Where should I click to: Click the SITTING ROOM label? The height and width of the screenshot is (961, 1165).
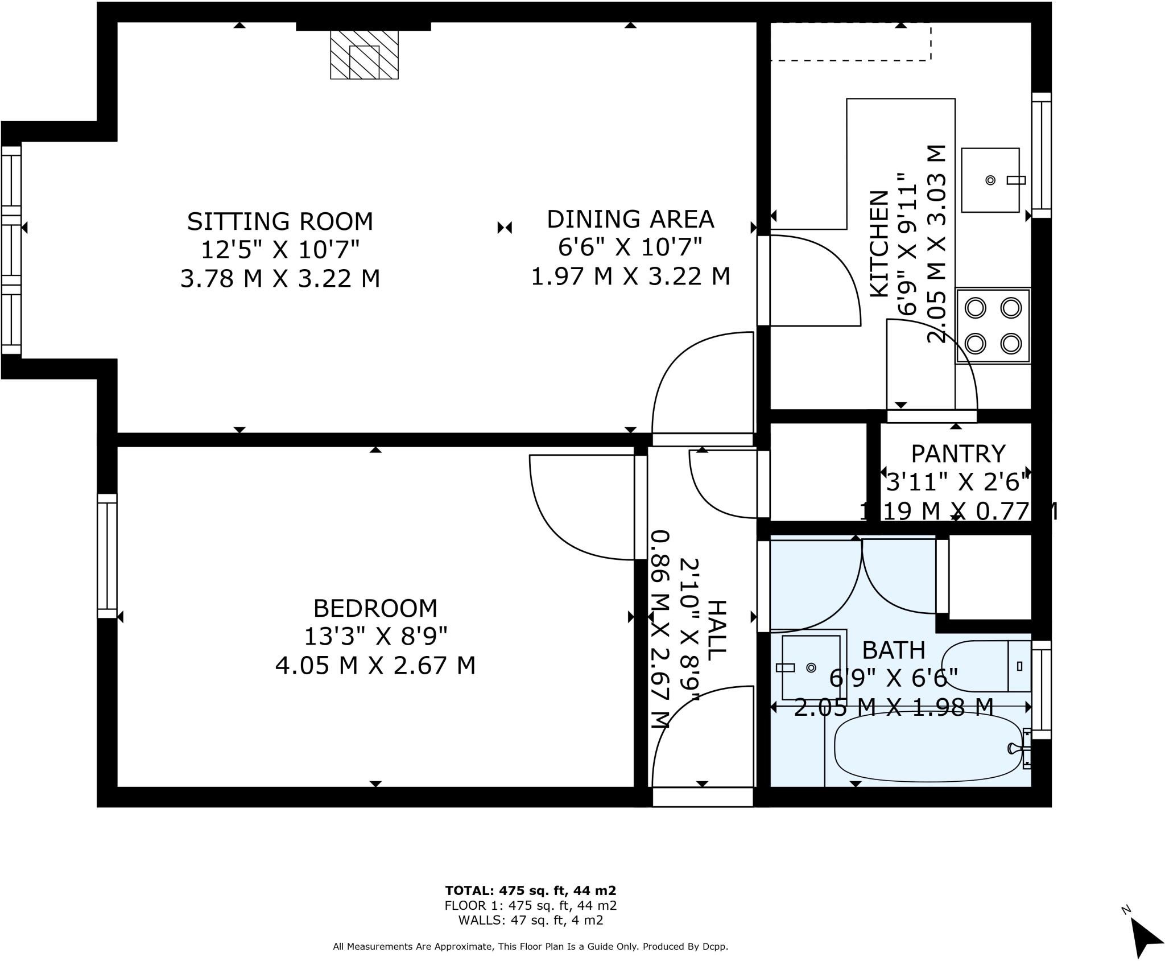click(x=280, y=221)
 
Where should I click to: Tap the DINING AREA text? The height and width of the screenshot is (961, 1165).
click(x=630, y=219)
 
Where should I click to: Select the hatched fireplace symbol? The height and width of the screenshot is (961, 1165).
click(x=364, y=55)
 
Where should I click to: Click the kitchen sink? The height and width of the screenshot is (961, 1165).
click(x=990, y=180)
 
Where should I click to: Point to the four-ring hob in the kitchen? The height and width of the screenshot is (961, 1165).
click(x=993, y=325)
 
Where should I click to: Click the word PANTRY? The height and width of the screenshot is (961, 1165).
click(x=958, y=454)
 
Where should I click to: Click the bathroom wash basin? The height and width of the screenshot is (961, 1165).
click(x=811, y=667)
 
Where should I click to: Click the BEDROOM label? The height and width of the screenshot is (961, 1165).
click(x=375, y=608)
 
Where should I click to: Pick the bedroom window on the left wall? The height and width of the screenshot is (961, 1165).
click(x=107, y=555)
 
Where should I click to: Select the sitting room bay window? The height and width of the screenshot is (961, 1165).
click(x=11, y=250)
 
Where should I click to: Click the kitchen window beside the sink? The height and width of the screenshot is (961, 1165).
click(x=1041, y=155)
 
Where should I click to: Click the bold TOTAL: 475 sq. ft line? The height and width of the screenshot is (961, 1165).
click(x=530, y=890)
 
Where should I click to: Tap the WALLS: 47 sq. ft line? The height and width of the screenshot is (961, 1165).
click(x=530, y=920)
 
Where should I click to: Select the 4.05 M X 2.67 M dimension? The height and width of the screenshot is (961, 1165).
click(x=375, y=665)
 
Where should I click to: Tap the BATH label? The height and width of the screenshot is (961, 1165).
click(x=893, y=649)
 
